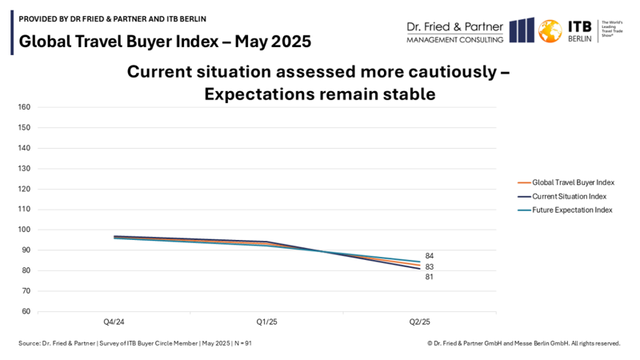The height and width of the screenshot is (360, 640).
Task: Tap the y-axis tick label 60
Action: click(25, 311)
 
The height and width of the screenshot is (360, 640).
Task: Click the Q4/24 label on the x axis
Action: click(114, 322)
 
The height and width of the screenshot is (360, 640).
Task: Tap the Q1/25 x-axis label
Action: click(266, 322)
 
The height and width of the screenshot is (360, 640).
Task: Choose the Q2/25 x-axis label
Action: click(419, 322)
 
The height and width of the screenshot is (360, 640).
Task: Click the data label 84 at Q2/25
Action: click(430, 256)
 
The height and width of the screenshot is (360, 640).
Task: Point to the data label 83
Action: click(430, 266)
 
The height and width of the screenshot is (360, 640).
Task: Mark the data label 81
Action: click(430, 277)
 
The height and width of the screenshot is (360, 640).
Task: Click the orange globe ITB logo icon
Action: click(550, 30)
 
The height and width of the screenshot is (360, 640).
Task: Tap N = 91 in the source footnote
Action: click(243, 343)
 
